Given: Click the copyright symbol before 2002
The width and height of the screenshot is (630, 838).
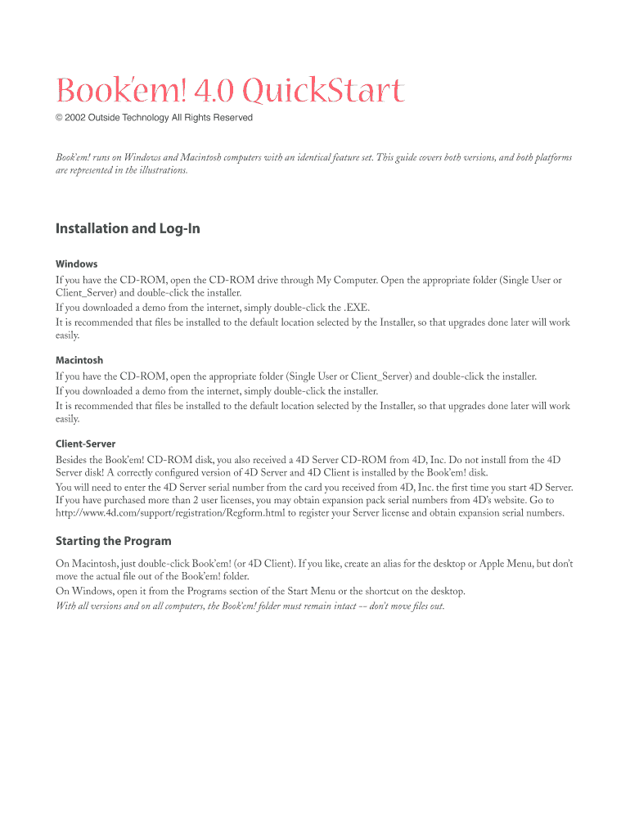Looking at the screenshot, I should (59, 118).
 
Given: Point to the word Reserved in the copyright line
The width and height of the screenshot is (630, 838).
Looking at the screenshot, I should (233, 118).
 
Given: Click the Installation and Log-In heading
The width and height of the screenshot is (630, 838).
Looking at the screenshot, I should (128, 228).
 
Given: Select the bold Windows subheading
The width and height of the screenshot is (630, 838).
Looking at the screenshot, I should (76, 264).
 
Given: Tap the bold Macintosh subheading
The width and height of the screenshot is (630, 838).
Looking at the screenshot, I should (79, 360).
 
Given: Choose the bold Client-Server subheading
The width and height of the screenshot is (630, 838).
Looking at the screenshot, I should (85, 444).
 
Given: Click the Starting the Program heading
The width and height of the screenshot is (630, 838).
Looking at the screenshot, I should (113, 541).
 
